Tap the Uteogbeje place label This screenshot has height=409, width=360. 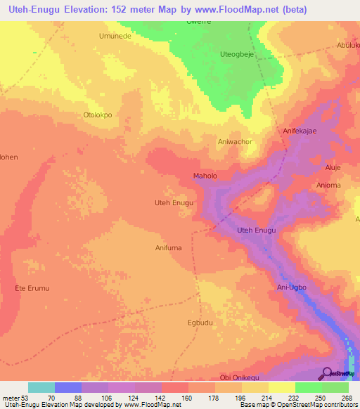pos(237,53)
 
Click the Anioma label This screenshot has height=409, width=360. pos(329,186)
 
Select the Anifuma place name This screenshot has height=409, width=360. pos(169,247)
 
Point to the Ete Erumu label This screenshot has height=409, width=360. pos(32,288)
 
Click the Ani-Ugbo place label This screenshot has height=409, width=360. pos(292,288)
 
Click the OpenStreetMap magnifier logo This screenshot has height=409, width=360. pos(327,373)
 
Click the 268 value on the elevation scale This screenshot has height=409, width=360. pos(346,398)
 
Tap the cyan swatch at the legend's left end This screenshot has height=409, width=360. pos(41,387)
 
